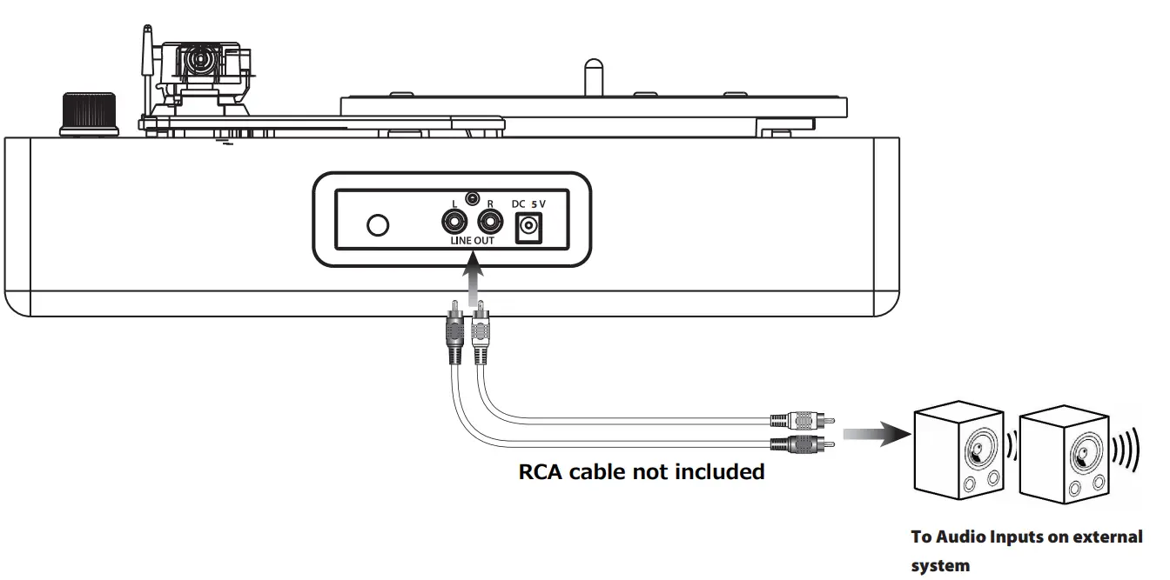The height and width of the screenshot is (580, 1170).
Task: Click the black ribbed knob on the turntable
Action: point(88,114)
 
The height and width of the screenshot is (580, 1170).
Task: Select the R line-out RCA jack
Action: point(490,222)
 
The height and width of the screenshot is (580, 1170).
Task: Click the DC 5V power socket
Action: point(528,228)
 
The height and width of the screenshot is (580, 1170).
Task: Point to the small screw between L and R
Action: point(473,198)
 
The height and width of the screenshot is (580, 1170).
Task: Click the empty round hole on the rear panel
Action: point(378,224)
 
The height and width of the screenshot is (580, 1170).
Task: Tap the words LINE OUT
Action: point(472,241)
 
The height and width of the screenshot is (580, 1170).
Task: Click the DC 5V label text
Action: point(528,203)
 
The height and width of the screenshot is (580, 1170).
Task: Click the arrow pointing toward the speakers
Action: point(871,432)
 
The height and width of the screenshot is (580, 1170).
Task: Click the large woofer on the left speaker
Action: point(979,449)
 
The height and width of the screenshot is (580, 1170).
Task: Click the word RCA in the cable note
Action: point(541,472)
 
